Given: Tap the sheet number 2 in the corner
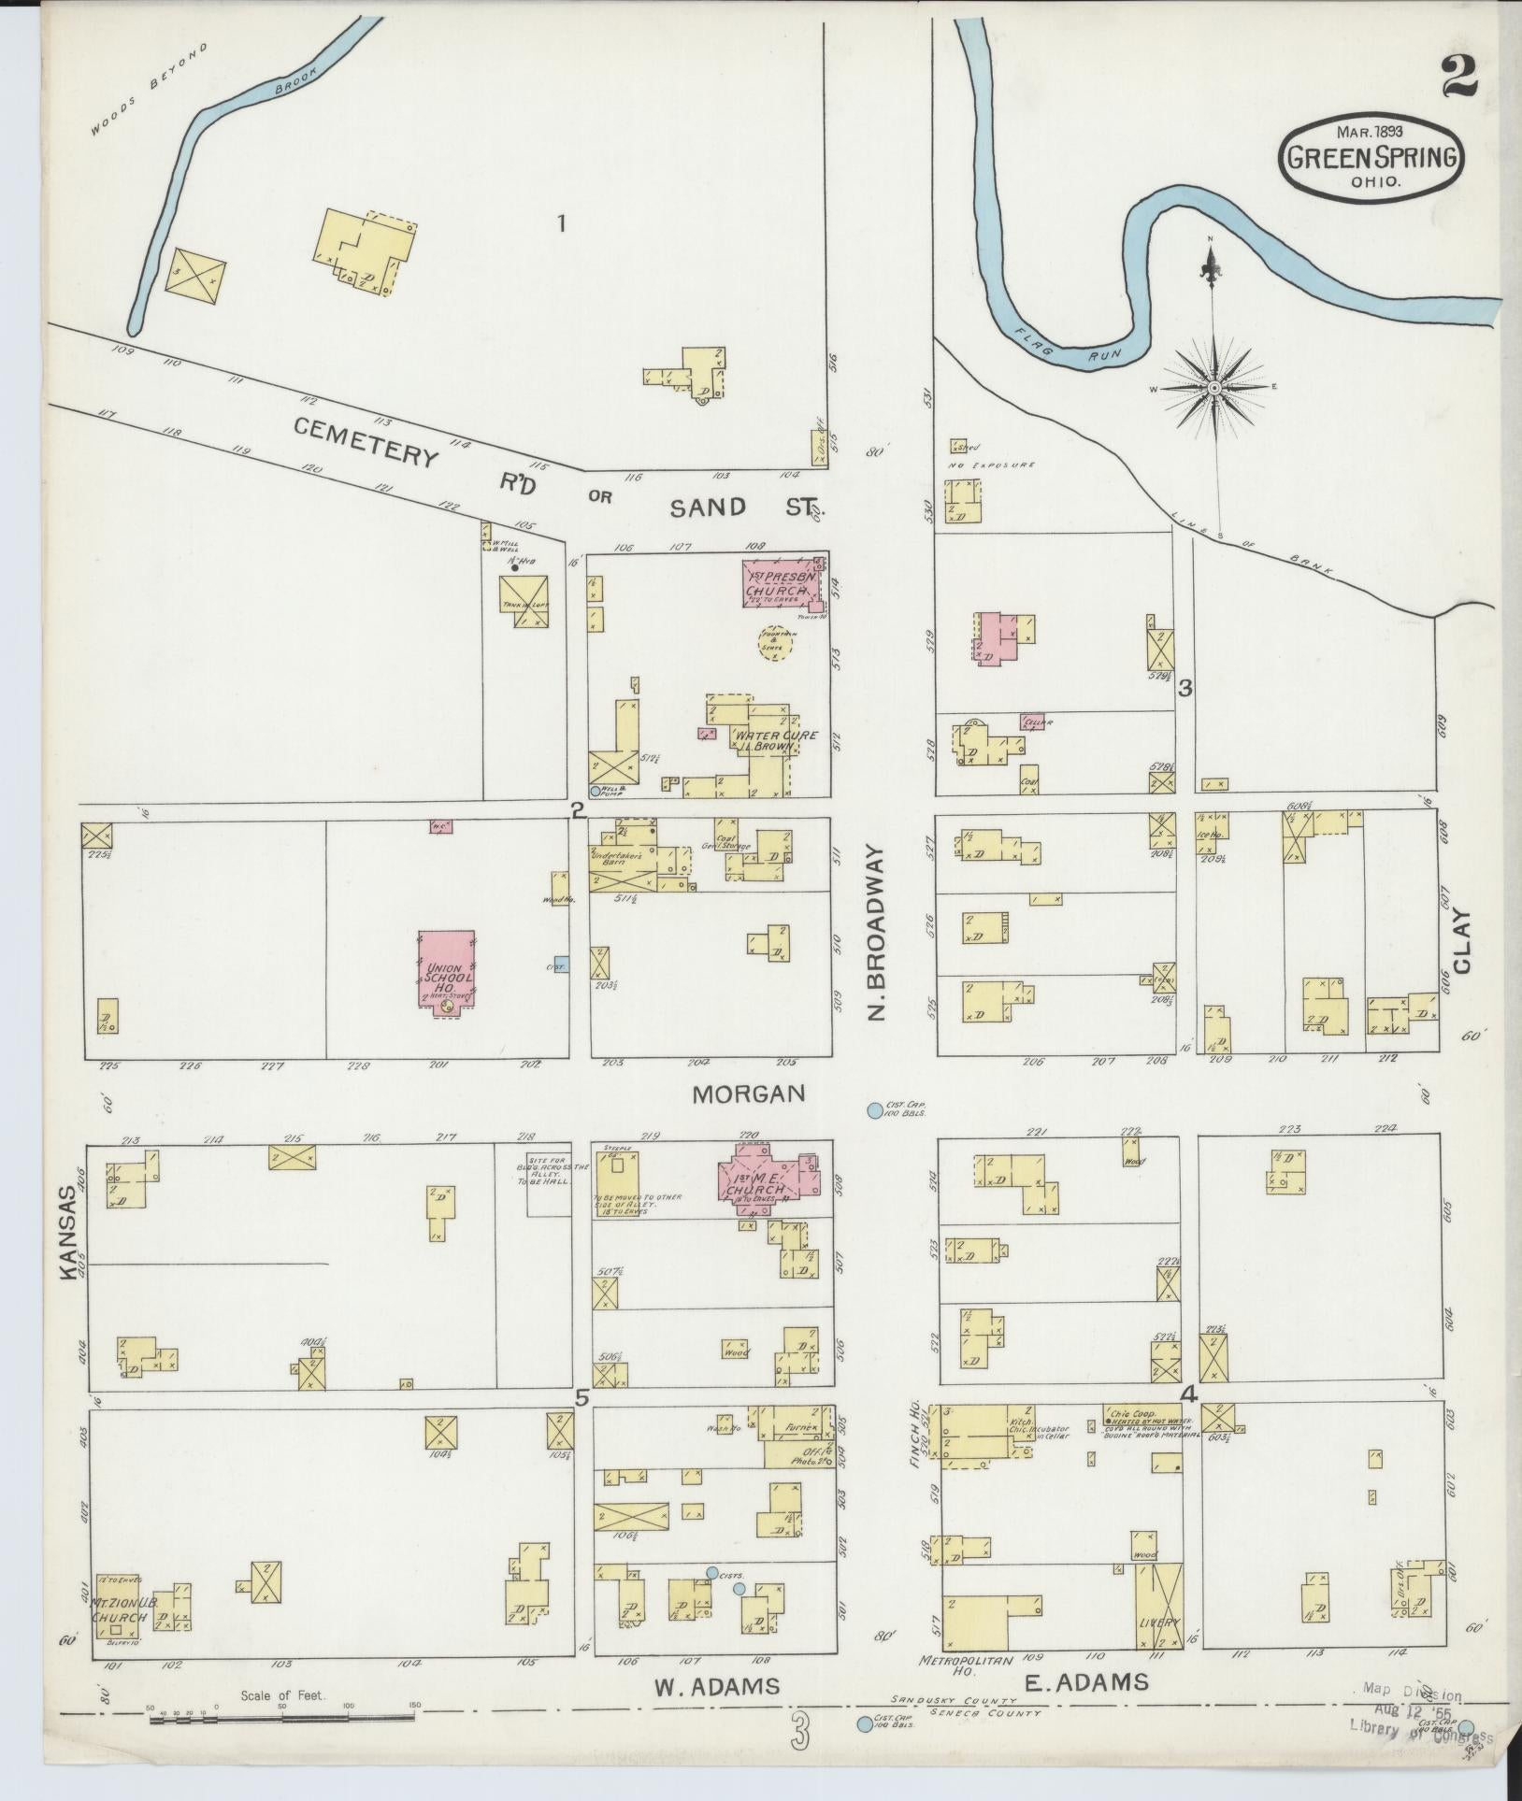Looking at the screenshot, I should coord(1458,75).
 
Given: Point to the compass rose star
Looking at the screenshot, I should coord(1213,387).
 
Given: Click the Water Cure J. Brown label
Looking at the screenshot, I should coord(763,741).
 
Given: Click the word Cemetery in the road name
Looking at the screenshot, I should coord(366,442).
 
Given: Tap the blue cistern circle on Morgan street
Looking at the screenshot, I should coord(874,1110).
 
